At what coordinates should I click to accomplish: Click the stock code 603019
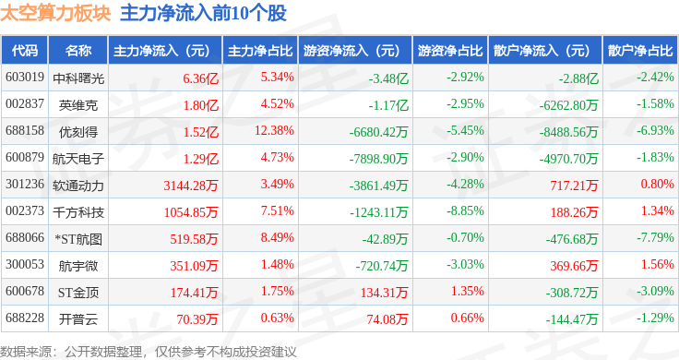25,78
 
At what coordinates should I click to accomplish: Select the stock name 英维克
78,105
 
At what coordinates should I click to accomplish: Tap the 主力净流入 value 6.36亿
200,78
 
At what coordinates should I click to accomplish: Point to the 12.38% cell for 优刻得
274,130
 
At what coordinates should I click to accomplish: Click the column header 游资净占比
450,51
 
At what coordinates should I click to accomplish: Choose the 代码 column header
25,51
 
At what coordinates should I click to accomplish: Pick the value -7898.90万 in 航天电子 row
378,159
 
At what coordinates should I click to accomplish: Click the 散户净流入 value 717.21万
574,186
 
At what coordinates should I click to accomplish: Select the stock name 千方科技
78,212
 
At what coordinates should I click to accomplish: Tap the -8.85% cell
465,211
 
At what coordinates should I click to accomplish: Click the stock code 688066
25,237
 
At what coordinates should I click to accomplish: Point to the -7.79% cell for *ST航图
655,237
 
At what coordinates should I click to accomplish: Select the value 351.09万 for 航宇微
194,266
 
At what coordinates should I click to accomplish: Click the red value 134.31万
384,293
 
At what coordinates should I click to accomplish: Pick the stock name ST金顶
78,293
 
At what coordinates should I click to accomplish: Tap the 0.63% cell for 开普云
277,318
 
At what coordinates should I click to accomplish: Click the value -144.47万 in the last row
572,319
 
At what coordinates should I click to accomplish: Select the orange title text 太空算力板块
55,13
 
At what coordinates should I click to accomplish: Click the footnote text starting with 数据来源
149,352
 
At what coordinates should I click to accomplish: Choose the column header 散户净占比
640,51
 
